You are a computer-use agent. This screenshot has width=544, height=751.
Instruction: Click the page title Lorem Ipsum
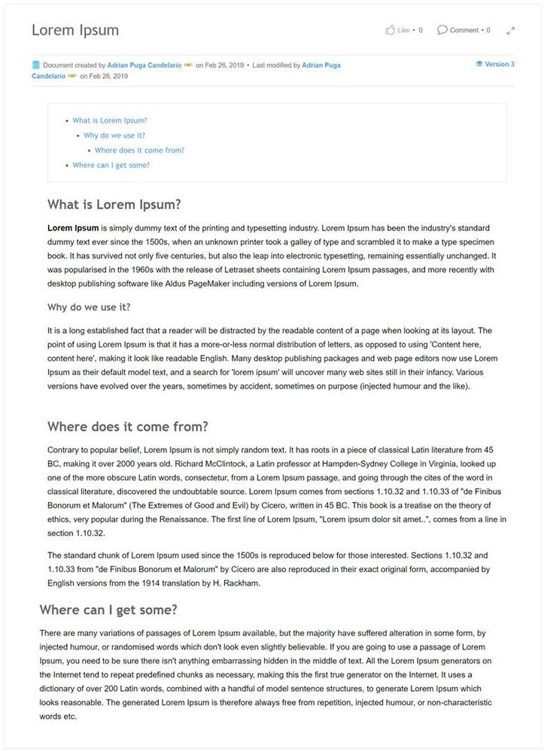pyautogui.click(x=75, y=31)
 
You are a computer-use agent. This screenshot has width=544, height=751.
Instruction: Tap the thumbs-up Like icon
pyautogui.click(x=390, y=30)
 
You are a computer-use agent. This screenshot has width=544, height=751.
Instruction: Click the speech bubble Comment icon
pyautogui.click(x=442, y=30)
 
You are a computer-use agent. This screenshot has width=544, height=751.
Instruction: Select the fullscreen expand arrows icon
pyautogui.click(x=510, y=31)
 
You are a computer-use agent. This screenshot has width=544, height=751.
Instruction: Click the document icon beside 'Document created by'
pyautogui.click(x=36, y=65)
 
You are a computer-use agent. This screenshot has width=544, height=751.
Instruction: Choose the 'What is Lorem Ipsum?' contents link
pyautogui.click(x=109, y=120)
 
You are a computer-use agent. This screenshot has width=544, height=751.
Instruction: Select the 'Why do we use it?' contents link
pyautogui.click(x=114, y=135)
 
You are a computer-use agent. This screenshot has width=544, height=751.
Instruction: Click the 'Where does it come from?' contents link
pyautogui.click(x=139, y=150)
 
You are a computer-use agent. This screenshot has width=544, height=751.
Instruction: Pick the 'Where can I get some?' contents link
pyautogui.click(x=111, y=165)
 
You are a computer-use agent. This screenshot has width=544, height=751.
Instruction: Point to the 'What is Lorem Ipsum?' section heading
pyautogui.click(x=114, y=204)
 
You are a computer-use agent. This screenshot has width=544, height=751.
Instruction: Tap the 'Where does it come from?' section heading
pyautogui.click(x=128, y=426)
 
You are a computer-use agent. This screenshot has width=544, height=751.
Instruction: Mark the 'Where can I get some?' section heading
pyautogui.click(x=108, y=609)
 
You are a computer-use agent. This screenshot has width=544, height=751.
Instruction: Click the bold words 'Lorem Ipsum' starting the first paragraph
pyautogui.click(x=73, y=227)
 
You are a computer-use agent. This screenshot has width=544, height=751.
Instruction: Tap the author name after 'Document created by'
pyautogui.click(x=144, y=65)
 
